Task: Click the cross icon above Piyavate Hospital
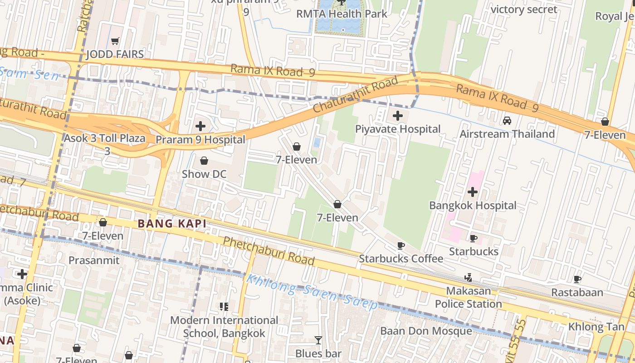click(398, 116)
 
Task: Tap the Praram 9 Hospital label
click(200, 139)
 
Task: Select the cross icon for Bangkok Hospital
click(473, 192)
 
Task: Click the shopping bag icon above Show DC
click(204, 161)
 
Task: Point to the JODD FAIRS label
click(115, 54)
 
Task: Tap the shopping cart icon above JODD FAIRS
click(115, 41)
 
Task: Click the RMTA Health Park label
click(342, 14)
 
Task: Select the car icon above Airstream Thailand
click(507, 121)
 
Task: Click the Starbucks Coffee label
click(401, 259)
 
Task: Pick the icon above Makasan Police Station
click(469, 277)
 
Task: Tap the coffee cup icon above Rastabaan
click(577, 279)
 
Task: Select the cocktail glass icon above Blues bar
click(318, 340)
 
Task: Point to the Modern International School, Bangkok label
click(224, 327)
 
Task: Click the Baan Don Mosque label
click(426, 331)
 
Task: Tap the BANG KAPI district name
click(172, 224)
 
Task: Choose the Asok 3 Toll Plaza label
click(105, 138)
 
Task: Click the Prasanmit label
click(94, 260)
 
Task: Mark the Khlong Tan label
click(593, 327)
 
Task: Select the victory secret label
click(524, 10)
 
